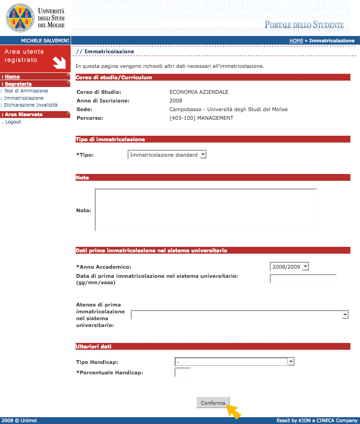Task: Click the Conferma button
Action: pos(213,403)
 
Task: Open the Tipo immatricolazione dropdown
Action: pos(167,155)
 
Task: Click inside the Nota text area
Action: pos(206,210)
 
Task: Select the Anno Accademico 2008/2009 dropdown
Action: pos(289,266)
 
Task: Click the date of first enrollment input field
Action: pos(303,279)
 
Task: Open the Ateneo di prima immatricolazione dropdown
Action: pos(240,315)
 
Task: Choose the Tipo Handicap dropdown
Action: pos(234,362)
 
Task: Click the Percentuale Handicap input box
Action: pos(182,373)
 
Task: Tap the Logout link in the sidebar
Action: pos(13,122)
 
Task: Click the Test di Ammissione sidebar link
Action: pos(26,91)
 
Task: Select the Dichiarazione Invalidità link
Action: pos(31,105)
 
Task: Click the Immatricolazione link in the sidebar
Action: pos(24,98)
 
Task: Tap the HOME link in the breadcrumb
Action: pos(296,41)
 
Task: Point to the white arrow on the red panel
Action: pos(59,61)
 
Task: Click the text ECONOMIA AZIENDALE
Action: pos(199,92)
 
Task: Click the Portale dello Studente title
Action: pos(304,25)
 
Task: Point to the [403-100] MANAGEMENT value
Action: pos(201,118)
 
